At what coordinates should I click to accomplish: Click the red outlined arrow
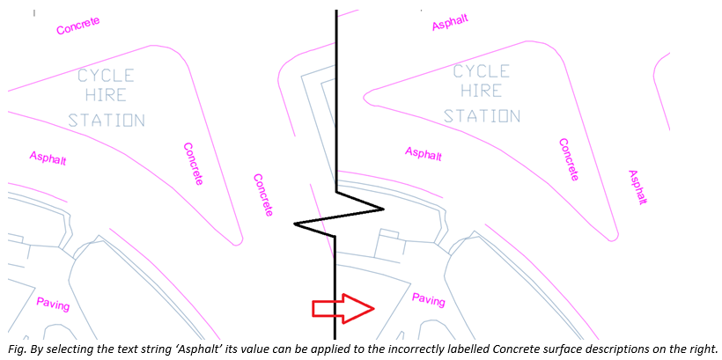[x=343, y=308]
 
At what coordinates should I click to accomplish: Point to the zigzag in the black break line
[x=338, y=216]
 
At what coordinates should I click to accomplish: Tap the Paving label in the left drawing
[x=53, y=304]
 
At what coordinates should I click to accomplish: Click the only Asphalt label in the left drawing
[x=48, y=158]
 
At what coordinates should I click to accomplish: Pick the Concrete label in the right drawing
[x=569, y=159]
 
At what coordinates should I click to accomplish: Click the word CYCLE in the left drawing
[x=106, y=75]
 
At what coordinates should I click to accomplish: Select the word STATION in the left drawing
[x=107, y=120]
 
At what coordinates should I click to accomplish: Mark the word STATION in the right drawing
[x=482, y=115]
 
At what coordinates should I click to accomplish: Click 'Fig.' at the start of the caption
[x=16, y=350]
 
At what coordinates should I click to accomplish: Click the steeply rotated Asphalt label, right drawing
[x=638, y=187]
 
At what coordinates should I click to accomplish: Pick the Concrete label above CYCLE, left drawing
[x=78, y=26]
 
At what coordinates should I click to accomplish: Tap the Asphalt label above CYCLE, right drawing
[x=450, y=22]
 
